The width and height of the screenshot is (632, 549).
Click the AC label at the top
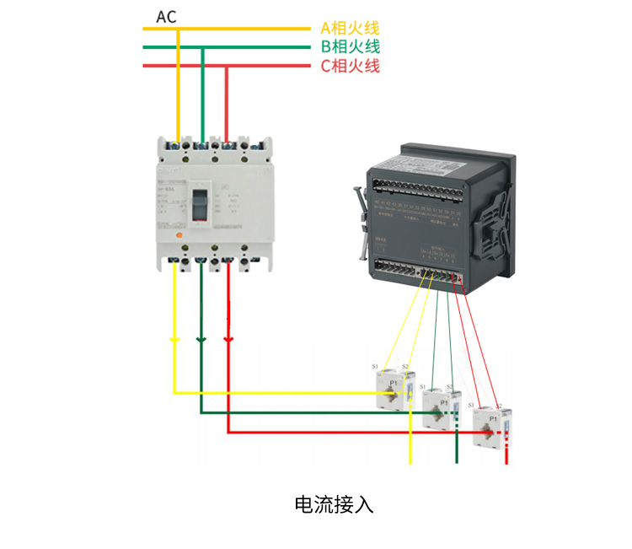click(x=166, y=17)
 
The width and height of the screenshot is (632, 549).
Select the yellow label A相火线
click(x=350, y=28)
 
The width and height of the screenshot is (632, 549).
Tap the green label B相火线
click(x=350, y=47)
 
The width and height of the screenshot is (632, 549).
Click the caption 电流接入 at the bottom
click(x=334, y=504)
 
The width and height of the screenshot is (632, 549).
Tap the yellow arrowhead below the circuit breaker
click(x=174, y=339)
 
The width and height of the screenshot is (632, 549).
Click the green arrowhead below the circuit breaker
click(x=201, y=339)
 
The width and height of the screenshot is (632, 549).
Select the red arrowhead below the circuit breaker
click(x=228, y=339)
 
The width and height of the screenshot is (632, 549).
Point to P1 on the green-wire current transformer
click(x=443, y=404)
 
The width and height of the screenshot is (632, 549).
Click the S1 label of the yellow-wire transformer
click(x=375, y=367)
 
